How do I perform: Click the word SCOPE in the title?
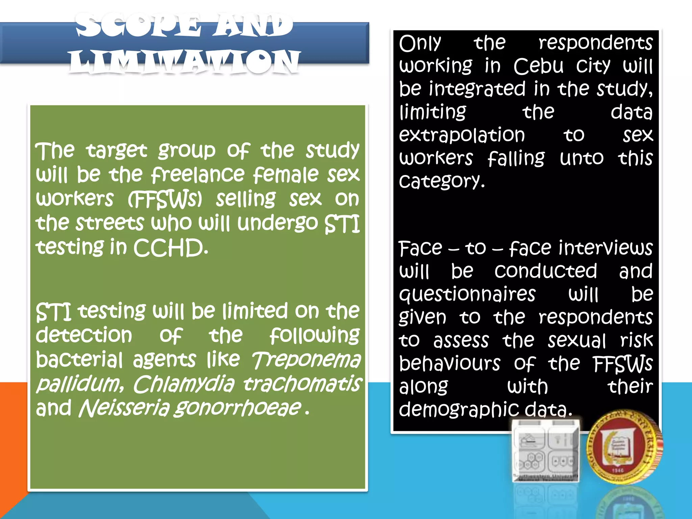tap(138, 25)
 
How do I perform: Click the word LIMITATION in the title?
tap(185, 61)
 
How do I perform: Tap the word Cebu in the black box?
tap(539, 66)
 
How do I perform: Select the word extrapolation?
tap(462, 135)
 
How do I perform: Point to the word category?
tap(441, 181)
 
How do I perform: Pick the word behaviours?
tap(449, 364)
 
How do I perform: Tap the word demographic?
tap(459, 410)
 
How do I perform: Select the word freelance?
tap(198, 174)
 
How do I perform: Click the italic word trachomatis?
tap(302, 384)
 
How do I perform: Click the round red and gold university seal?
tap(624, 447)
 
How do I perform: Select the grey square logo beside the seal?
tap(545, 451)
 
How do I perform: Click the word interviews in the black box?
tap(605, 248)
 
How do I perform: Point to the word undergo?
tap(277, 224)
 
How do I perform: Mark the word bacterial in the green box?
tap(79, 360)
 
